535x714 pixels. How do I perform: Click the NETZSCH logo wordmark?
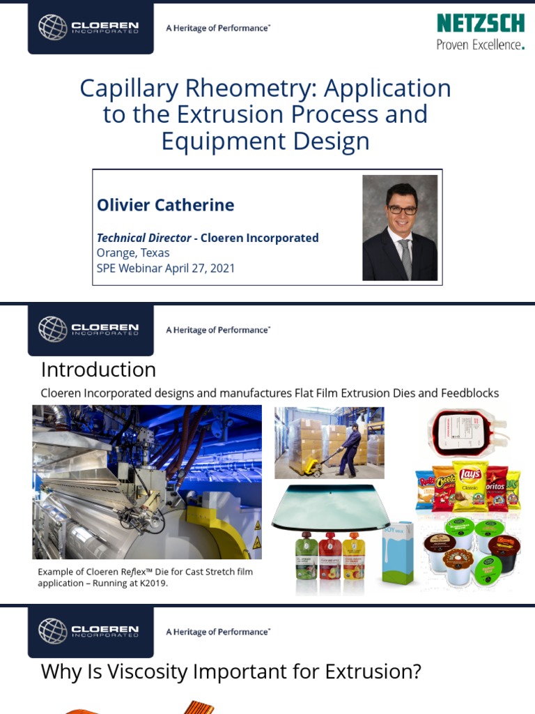(x=480, y=23)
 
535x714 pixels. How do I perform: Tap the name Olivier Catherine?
(x=165, y=205)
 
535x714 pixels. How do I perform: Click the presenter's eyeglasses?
(x=403, y=209)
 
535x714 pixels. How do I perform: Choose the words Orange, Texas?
(x=132, y=252)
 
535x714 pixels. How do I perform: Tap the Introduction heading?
(x=98, y=369)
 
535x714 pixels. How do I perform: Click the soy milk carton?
(x=398, y=554)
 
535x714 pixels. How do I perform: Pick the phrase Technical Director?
(x=144, y=238)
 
